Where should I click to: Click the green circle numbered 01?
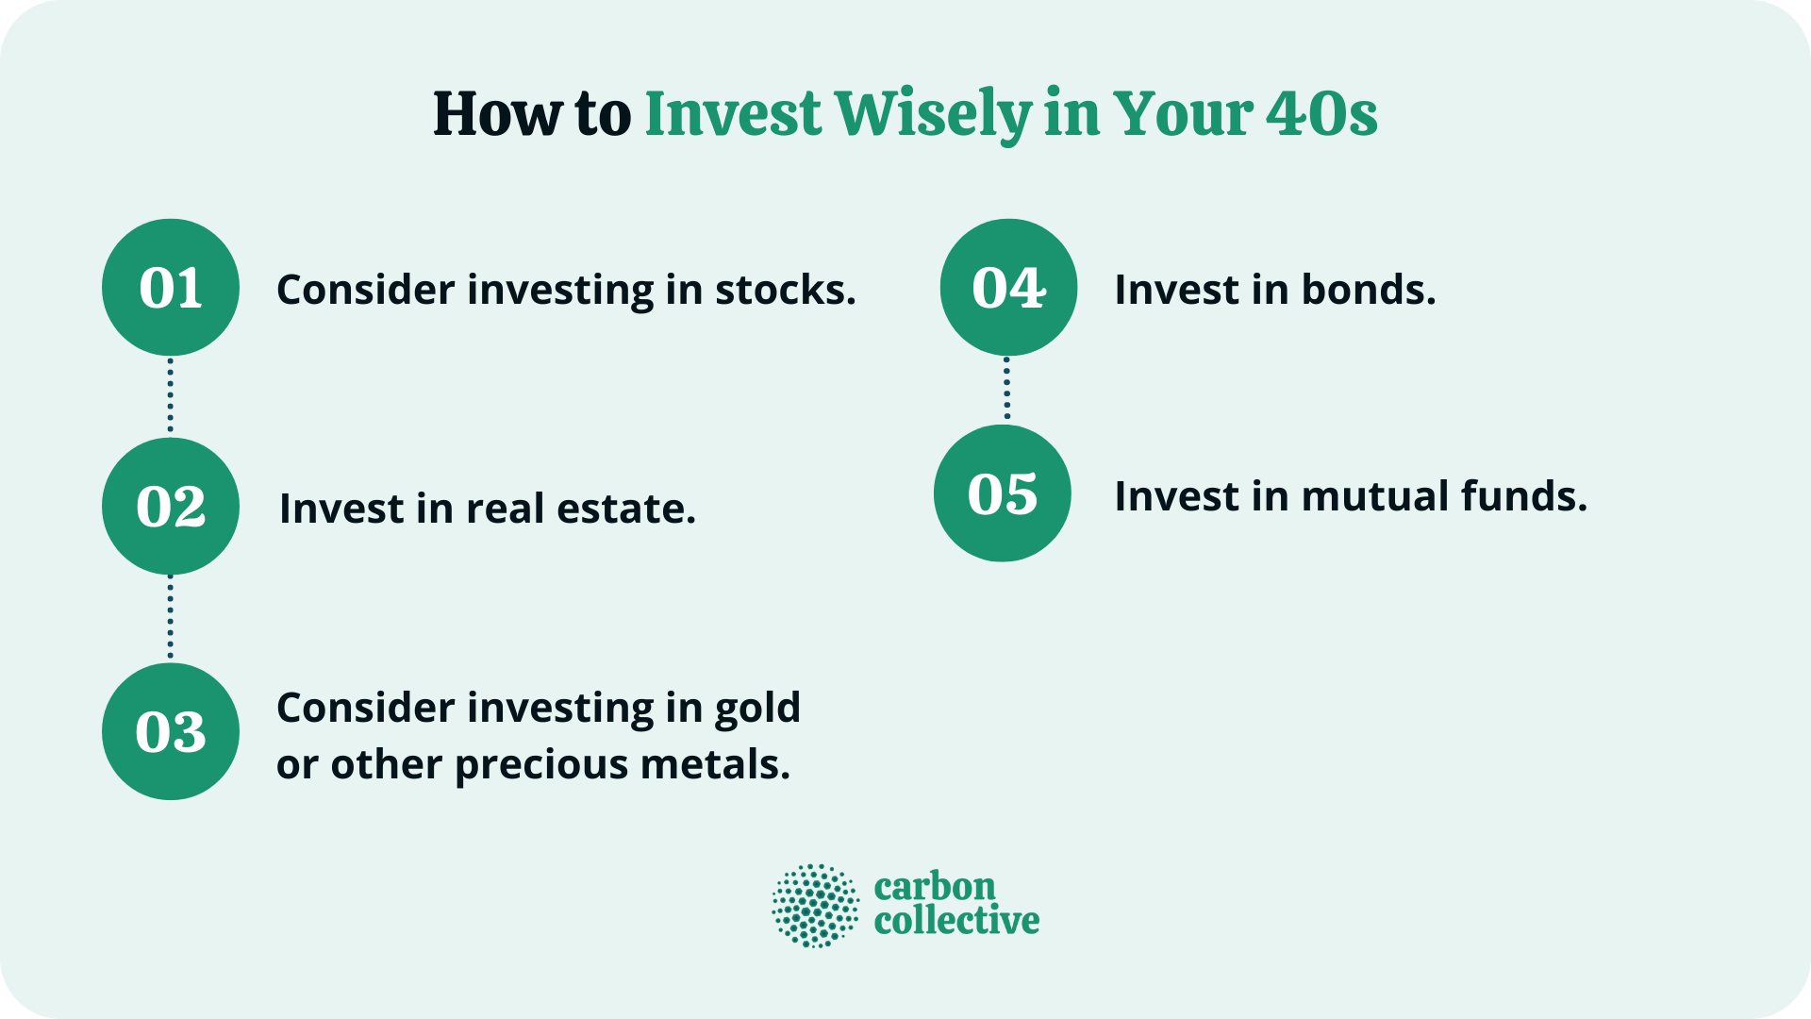[x=171, y=288]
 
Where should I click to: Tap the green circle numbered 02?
[x=171, y=507]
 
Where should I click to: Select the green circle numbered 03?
[x=171, y=731]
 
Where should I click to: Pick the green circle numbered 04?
[x=1008, y=288]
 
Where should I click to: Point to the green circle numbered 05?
[x=1003, y=493]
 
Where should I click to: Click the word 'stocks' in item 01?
[x=784, y=290]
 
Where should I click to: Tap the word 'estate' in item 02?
[x=625, y=509]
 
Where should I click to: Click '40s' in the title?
[x=1321, y=115]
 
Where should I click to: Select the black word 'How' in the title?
[x=497, y=115]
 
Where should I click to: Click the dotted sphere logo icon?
[x=816, y=906]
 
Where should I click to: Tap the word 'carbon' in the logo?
[x=935, y=887]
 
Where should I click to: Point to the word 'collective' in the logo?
[x=956, y=921]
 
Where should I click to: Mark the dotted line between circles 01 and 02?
[x=171, y=396]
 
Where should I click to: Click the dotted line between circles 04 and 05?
[x=1006, y=389]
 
